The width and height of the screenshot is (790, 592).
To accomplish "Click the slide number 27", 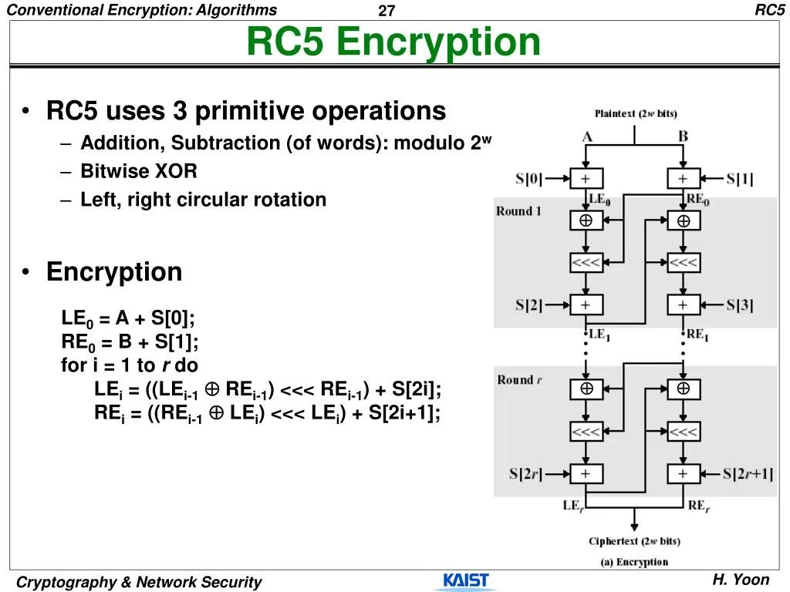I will pos(387,11).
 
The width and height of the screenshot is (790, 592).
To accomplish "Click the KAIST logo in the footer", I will pos(466,580).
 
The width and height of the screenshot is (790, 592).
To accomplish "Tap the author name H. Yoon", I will pos(741,580).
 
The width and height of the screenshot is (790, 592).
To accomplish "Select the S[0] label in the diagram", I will pos(528,180).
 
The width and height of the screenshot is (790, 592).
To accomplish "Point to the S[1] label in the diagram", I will pos(740,180).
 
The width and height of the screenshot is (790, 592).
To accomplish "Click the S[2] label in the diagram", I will pos(528,304).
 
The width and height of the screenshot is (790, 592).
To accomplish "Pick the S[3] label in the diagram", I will pos(740,304).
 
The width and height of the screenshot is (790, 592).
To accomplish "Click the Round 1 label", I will pos(519,211).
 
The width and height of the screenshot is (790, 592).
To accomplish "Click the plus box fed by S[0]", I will pos(586,179).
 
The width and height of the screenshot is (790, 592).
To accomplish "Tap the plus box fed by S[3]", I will pos(684,304).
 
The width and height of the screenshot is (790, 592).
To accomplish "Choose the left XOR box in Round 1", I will pos(586,220).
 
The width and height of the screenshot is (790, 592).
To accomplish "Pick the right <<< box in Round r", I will pos(684,432).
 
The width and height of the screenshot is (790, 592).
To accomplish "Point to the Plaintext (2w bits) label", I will pos(636,113).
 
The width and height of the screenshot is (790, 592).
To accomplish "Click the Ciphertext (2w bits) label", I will pos(634,541).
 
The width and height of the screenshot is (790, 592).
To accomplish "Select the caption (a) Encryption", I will pos(634,562).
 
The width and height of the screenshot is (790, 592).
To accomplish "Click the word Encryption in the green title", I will pos(439,42).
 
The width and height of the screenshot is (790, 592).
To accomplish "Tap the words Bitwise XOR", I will pos(139,171).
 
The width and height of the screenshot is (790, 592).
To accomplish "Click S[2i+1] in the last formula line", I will pos(404,412).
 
